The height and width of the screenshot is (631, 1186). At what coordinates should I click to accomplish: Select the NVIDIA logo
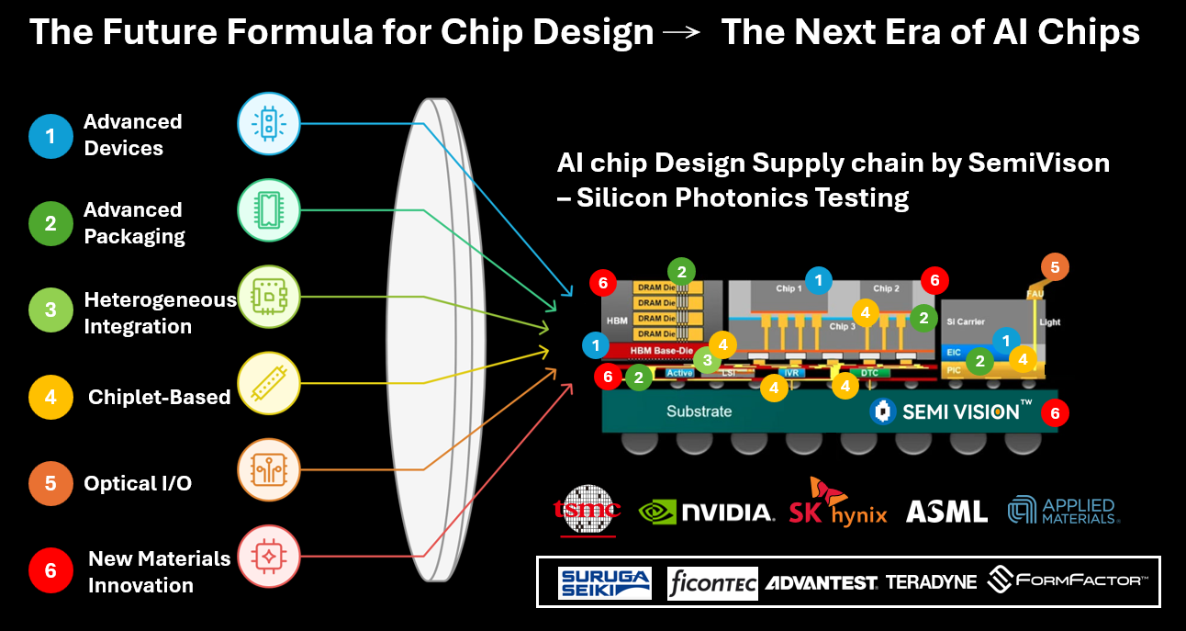[706, 511]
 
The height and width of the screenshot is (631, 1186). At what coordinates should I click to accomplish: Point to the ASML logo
[946, 512]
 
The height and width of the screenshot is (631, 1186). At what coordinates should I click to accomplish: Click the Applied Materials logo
[1062, 511]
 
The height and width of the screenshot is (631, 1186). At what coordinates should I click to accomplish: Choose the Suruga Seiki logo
[604, 582]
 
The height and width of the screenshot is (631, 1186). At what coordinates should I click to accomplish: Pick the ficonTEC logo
[712, 582]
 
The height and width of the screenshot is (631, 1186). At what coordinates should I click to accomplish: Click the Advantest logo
[822, 583]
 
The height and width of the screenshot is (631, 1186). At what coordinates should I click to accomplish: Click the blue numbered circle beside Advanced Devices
[50, 136]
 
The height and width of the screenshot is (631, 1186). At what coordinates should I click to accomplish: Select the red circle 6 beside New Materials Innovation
[50, 571]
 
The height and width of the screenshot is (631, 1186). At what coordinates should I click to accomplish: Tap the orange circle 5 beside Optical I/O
[50, 483]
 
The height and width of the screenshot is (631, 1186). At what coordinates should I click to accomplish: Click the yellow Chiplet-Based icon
[267, 384]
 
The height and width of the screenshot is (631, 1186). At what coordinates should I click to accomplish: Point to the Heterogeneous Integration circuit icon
[267, 296]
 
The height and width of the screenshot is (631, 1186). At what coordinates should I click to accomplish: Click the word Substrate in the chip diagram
[699, 411]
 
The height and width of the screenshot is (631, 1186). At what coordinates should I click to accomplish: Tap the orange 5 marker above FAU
[1055, 268]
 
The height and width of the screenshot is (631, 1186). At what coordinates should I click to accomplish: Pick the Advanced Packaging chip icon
[267, 208]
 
